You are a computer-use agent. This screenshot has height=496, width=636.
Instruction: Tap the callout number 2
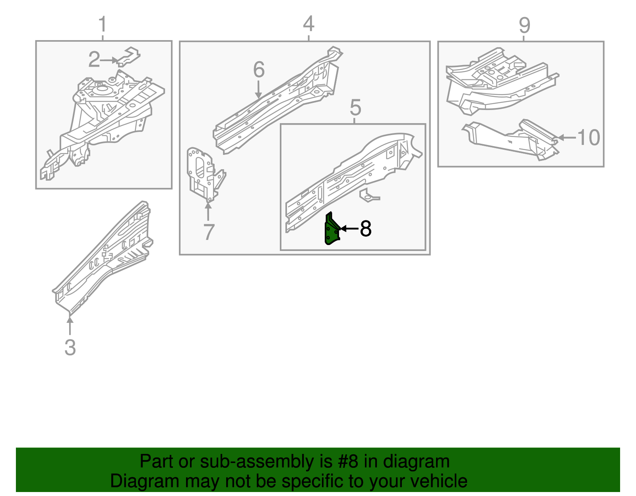pyautogui.click(x=94, y=60)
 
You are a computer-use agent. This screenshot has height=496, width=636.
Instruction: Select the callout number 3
pyautogui.click(x=70, y=347)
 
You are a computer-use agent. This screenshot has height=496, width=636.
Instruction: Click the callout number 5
pyautogui.click(x=355, y=108)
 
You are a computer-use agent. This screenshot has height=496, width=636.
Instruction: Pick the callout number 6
pyautogui.click(x=259, y=70)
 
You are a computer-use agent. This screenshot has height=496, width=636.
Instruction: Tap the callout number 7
pyautogui.click(x=209, y=232)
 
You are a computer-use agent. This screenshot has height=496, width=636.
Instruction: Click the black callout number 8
pyautogui.click(x=366, y=229)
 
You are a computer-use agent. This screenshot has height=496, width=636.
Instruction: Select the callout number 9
pyautogui.click(x=524, y=25)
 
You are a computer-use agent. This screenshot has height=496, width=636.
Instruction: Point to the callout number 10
pyautogui.click(x=588, y=138)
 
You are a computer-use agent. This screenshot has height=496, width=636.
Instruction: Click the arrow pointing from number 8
pyautogui.click(x=349, y=229)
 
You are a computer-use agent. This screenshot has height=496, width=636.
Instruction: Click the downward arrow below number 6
pyautogui.click(x=259, y=90)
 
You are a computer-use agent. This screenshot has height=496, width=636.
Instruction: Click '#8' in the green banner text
pyautogui.click(x=348, y=462)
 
